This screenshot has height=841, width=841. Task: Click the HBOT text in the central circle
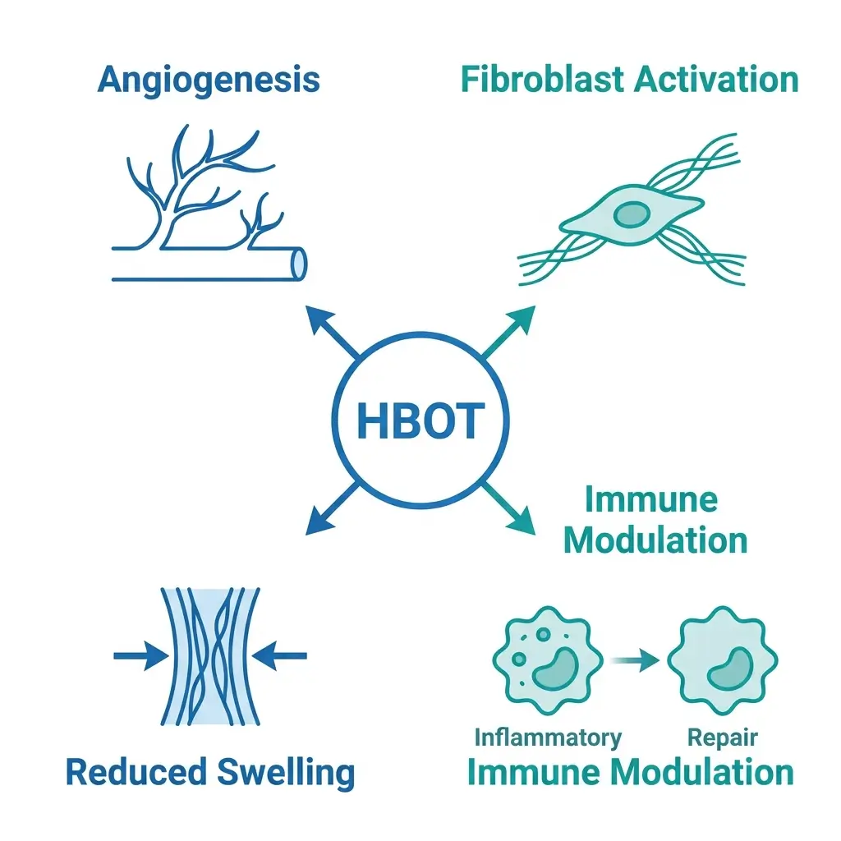tap(419, 420)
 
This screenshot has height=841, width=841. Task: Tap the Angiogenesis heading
tap(209, 80)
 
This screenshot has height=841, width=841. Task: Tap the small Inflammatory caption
tap(548, 737)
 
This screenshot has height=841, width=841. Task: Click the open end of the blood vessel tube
tap(299, 263)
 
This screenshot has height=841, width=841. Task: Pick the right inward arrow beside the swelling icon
tap(282, 655)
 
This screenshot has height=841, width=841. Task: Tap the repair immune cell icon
tap(722, 659)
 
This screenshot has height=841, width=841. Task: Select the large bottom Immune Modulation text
tap(631, 773)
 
